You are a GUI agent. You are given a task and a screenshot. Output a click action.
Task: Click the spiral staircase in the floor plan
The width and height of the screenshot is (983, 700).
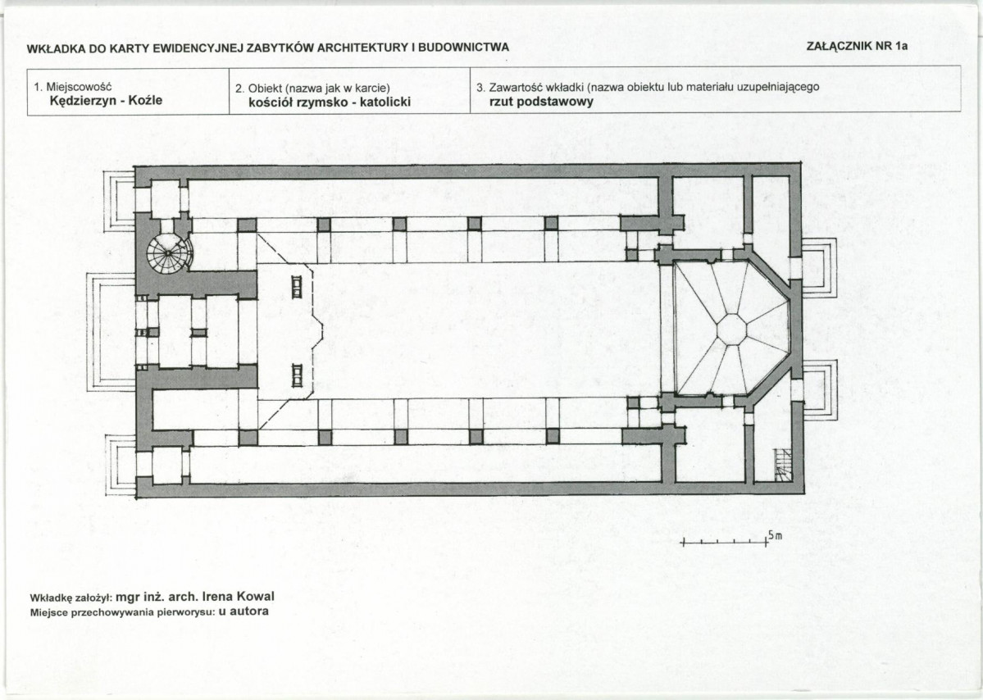pyautogui.click(x=169, y=253)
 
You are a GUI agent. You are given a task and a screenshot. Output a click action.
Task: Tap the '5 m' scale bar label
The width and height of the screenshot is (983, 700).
pyautogui.click(x=775, y=536)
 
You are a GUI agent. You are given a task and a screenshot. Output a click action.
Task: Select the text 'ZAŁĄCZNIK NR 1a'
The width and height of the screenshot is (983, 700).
pyautogui.click(x=857, y=46)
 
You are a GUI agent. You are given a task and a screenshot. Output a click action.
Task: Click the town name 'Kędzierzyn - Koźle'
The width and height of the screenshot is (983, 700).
pyautogui.click(x=106, y=100)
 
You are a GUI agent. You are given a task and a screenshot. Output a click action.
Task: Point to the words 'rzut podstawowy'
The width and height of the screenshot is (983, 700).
pyautogui.click(x=541, y=102)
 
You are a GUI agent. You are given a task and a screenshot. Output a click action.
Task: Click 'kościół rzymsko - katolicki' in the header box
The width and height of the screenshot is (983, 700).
pyautogui.click(x=330, y=102)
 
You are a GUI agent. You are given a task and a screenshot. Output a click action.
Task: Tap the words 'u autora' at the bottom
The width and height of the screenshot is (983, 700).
pyautogui.click(x=243, y=611)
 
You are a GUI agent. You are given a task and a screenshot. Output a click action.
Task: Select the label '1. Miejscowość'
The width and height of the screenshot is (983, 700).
pyautogui.click(x=73, y=87)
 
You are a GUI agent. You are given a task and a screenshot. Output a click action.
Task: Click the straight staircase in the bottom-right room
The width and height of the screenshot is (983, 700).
pyautogui.click(x=783, y=465)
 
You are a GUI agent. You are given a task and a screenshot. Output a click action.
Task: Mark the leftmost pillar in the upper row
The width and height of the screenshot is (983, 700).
pyautogui.click(x=247, y=225)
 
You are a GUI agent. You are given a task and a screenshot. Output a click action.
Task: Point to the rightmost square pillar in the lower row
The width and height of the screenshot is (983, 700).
pyautogui.click(x=552, y=436)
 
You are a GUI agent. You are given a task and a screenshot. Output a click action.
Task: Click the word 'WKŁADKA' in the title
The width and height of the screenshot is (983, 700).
pyautogui.click(x=56, y=48)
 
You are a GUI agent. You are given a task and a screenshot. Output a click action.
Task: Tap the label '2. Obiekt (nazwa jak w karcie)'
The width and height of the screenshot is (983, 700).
pyautogui.click(x=313, y=89)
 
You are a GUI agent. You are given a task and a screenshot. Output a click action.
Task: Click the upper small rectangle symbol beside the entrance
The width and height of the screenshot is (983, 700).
pyautogui.click(x=297, y=287)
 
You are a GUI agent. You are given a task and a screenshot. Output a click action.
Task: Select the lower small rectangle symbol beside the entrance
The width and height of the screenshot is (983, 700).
pyautogui.click(x=297, y=375)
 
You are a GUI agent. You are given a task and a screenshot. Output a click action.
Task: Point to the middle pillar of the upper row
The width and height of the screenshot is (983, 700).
pyautogui.click(x=399, y=225)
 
